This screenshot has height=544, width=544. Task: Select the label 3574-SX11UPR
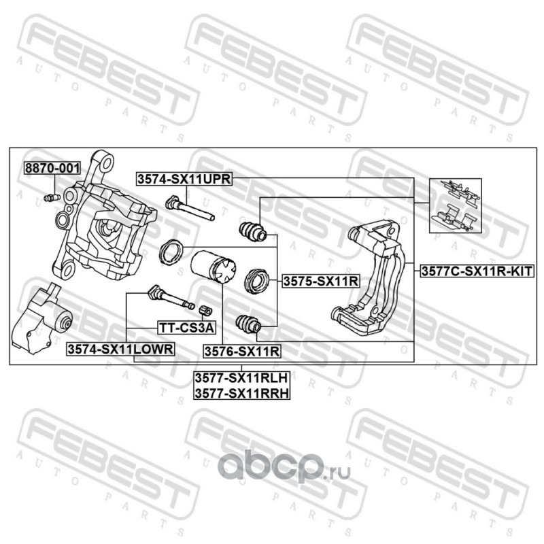184,179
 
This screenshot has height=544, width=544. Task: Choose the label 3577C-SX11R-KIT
475,270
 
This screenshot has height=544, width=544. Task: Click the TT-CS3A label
186,328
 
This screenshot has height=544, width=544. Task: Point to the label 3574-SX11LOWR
120,349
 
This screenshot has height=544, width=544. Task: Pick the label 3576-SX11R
242,352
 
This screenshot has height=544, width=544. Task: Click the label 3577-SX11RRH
241,393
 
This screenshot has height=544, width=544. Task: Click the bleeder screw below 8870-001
50,198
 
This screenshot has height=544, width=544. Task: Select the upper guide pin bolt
190,208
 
